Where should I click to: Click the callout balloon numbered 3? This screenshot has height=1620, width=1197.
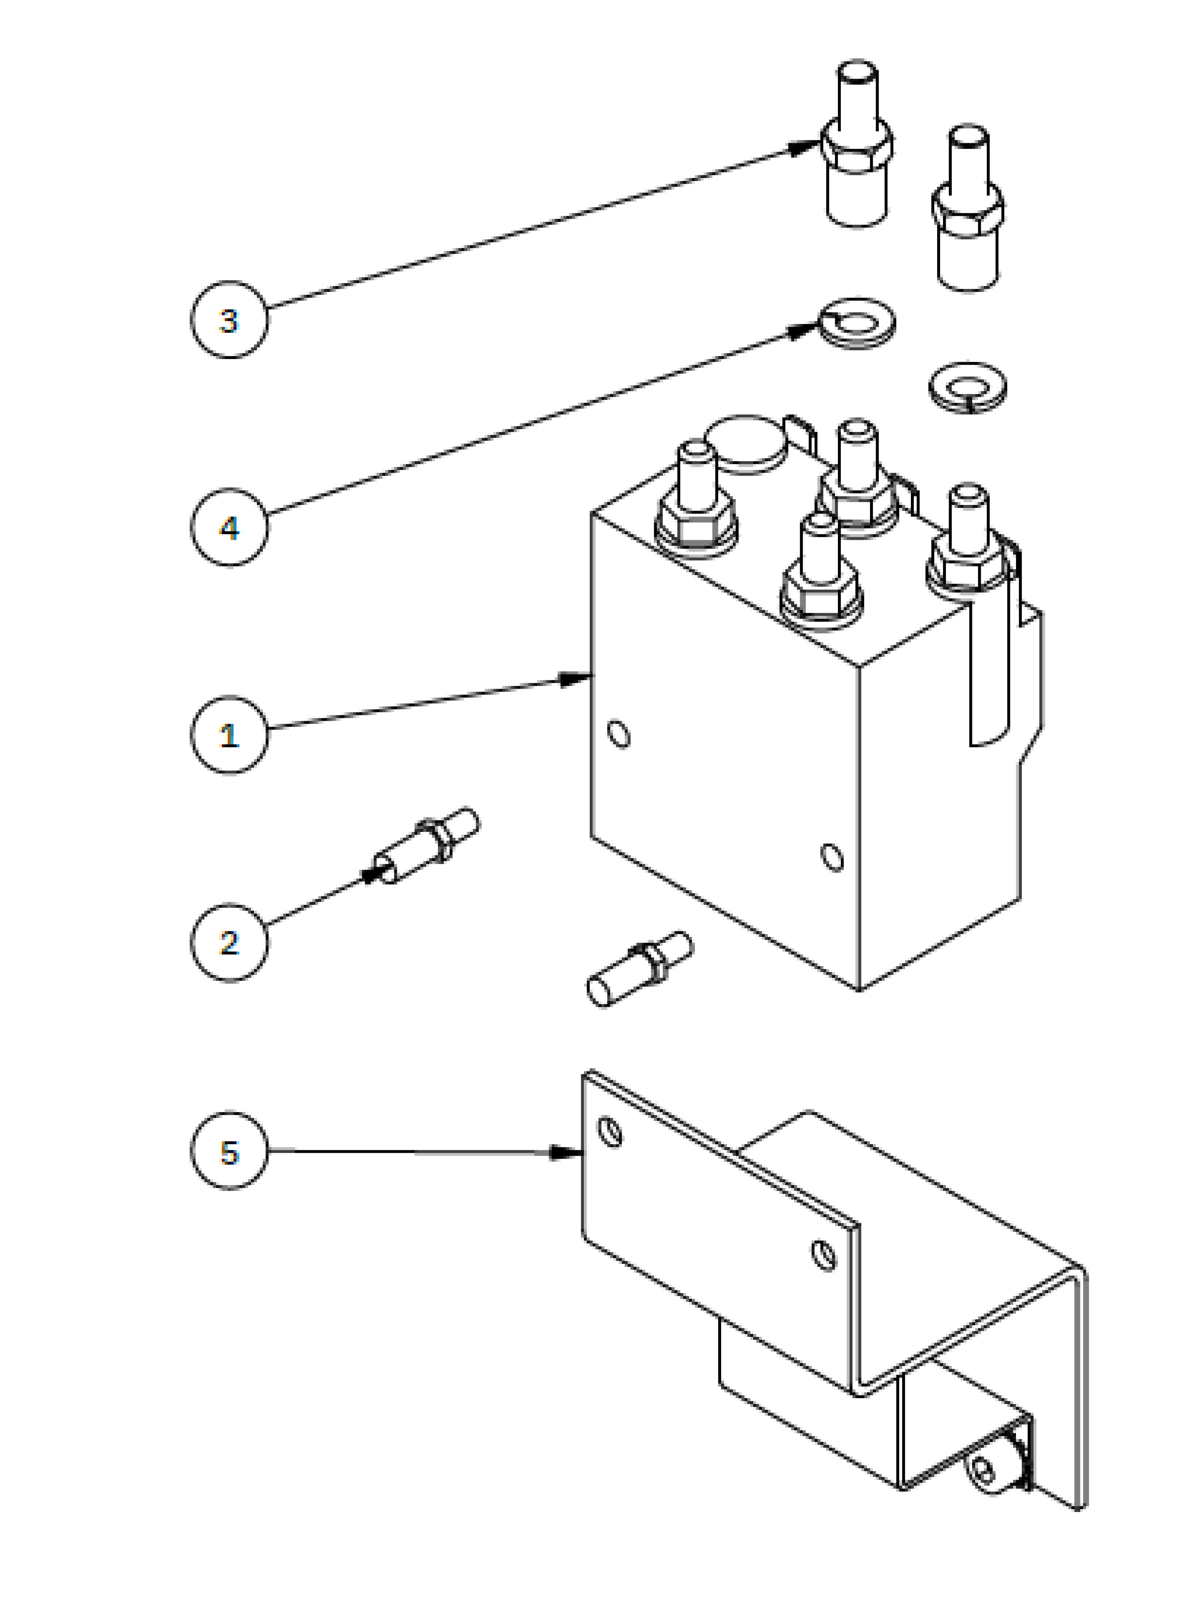[229, 319]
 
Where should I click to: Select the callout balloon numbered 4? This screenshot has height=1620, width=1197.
[229, 527]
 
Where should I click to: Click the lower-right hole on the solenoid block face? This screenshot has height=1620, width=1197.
[833, 857]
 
